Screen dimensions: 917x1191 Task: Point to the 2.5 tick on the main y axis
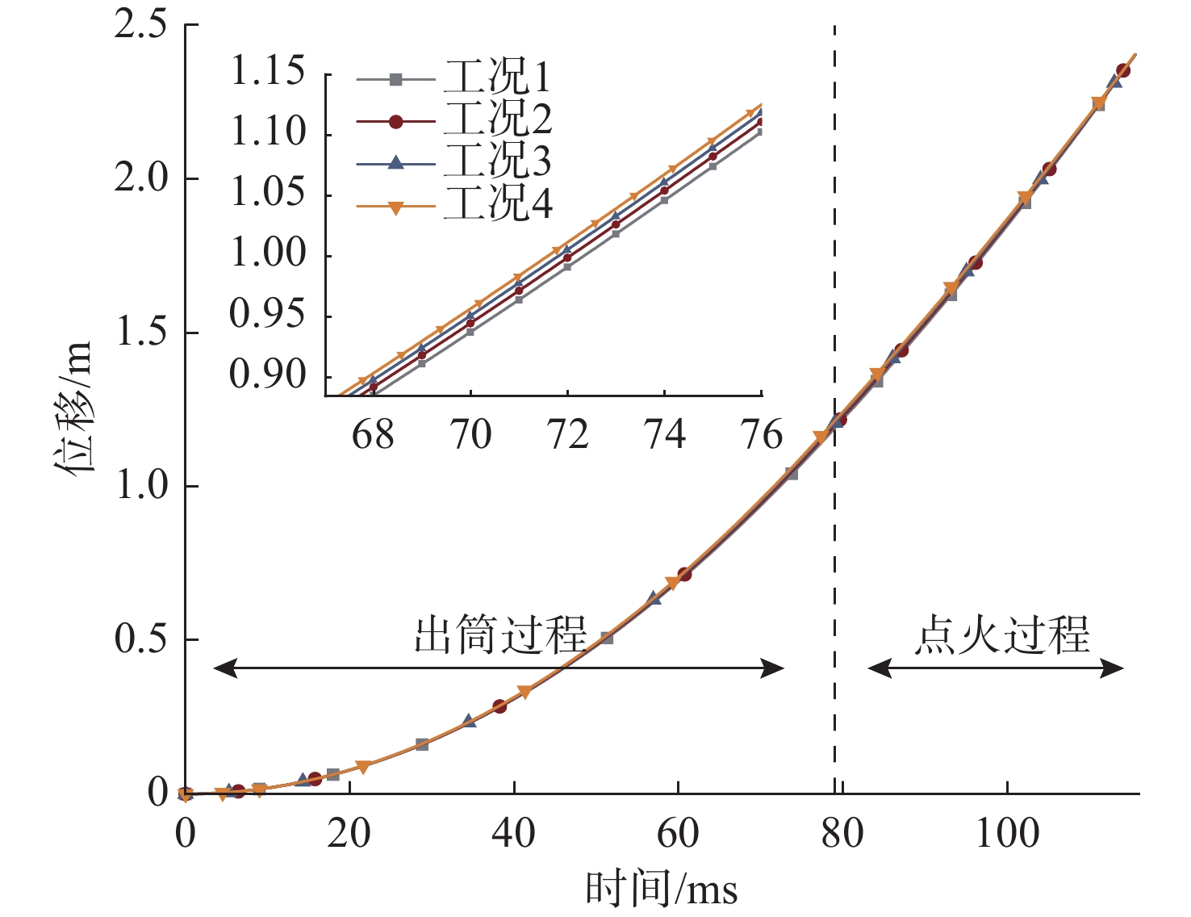tap(141, 24)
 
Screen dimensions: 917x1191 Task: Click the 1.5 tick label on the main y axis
tap(141, 333)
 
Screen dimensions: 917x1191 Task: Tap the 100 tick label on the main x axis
tap(1007, 833)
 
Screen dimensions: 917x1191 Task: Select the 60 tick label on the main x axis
tap(678, 833)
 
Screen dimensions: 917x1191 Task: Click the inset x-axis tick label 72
tap(568, 435)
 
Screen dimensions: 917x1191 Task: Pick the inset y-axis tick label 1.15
tap(268, 73)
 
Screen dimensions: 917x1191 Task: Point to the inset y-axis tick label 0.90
tap(268, 375)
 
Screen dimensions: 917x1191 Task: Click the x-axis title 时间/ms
tap(662, 890)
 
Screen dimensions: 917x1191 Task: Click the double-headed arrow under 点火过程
tap(996, 668)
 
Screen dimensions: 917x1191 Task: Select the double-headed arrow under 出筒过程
tap(499, 668)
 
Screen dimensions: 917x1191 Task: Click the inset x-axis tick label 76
tap(762, 435)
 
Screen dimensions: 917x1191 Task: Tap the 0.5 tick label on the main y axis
tap(141, 639)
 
